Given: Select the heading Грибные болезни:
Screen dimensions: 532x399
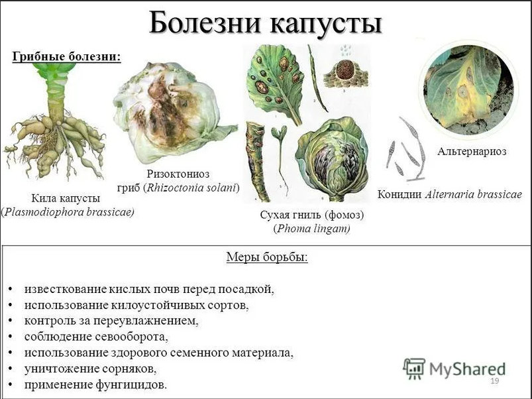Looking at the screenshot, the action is coord(66,56).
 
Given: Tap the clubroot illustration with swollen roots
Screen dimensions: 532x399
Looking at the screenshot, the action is coord(54,122).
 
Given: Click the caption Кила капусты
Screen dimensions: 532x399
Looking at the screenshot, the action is coord(66,198).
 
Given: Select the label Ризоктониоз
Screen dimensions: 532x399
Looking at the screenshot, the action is coord(178,174).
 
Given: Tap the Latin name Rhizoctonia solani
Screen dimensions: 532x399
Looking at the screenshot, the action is coord(191,188).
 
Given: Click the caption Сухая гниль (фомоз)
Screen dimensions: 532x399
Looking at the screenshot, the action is coord(312,215).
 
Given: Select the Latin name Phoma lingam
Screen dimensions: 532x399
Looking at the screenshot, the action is coord(312,229).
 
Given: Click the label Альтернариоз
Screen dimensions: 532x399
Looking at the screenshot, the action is coord(472,151).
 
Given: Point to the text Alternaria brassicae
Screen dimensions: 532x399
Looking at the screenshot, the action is coord(473,194).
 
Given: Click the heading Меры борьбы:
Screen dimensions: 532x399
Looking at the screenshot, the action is coord(267,257).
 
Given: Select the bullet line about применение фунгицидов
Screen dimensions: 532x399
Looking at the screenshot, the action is coord(95,384).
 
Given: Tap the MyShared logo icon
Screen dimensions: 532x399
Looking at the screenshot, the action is coord(414,369).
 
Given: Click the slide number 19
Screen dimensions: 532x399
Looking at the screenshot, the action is coord(495,380).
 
